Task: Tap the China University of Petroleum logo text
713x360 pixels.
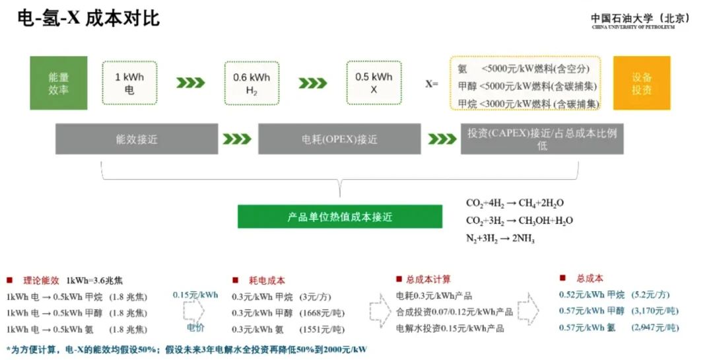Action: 640,21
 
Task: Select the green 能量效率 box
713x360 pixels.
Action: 59,83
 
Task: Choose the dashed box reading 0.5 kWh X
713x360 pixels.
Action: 374,83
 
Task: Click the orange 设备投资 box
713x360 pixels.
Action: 641,83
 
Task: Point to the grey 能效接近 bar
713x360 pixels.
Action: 137,139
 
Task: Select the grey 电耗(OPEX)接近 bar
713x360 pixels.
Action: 339,139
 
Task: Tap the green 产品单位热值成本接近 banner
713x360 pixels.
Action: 340,217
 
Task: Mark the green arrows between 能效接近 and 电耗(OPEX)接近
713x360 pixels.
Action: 237,139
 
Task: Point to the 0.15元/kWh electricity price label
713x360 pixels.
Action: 195,295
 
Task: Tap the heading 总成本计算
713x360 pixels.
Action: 428,279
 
